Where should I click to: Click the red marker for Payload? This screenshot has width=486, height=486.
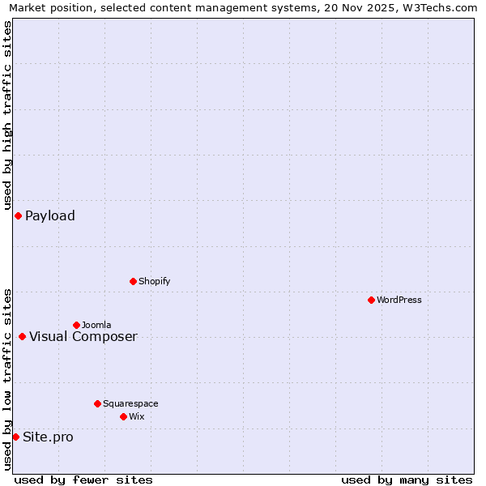click(x=18, y=215)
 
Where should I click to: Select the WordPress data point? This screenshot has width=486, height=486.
click(x=371, y=300)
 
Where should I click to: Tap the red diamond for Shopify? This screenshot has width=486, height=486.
click(x=133, y=281)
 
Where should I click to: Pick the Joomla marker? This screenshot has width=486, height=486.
click(x=76, y=325)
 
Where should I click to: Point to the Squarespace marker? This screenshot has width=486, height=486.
click(x=97, y=403)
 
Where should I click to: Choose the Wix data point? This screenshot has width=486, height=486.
click(x=123, y=416)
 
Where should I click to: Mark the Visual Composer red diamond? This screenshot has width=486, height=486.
click(x=22, y=336)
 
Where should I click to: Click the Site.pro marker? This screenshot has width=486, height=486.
click(x=15, y=437)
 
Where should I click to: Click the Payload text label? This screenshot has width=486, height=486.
click(x=50, y=215)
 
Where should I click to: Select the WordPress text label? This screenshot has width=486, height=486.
click(x=399, y=300)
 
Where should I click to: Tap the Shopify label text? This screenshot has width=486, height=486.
click(x=155, y=281)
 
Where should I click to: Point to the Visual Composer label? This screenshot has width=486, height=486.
click(x=83, y=336)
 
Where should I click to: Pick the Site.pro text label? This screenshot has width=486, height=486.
click(x=48, y=437)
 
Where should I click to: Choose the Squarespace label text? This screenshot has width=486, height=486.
click(x=130, y=403)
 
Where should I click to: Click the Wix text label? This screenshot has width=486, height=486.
click(x=137, y=416)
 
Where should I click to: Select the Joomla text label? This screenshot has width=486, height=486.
click(x=96, y=325)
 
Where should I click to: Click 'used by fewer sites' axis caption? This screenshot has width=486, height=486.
click(x=83, y=480)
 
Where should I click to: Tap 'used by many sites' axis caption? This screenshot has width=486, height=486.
click(x=407, y=480)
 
